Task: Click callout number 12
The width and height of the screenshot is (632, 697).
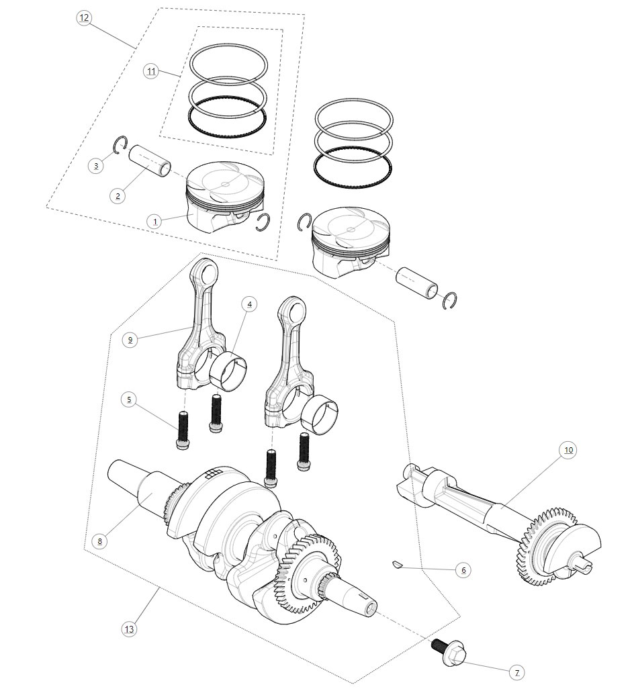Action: (x=83, y=18)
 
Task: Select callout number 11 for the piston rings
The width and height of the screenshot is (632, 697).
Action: (x=151, y=71)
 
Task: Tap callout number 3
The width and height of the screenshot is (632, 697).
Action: (x=97, y=165)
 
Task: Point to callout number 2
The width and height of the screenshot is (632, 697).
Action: (x=118, y=196)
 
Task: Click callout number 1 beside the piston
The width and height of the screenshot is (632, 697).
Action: (x=154, y=221)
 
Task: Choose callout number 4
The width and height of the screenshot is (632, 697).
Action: (x=249, y=304)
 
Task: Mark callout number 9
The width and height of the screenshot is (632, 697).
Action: (x=131, y=340)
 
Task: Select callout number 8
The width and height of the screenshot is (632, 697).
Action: (x=99, y=541)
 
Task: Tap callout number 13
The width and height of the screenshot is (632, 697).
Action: (x=129, y=629)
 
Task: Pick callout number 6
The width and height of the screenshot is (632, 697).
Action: (x=461, y=570)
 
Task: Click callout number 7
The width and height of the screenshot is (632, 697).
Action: (x=516, y=671)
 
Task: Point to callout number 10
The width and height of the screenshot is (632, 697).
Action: (x=568, y=450)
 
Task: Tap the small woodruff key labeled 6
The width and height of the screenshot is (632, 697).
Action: (x=396, y=565)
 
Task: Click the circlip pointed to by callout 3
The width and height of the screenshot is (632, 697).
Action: (x=121, y=144)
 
